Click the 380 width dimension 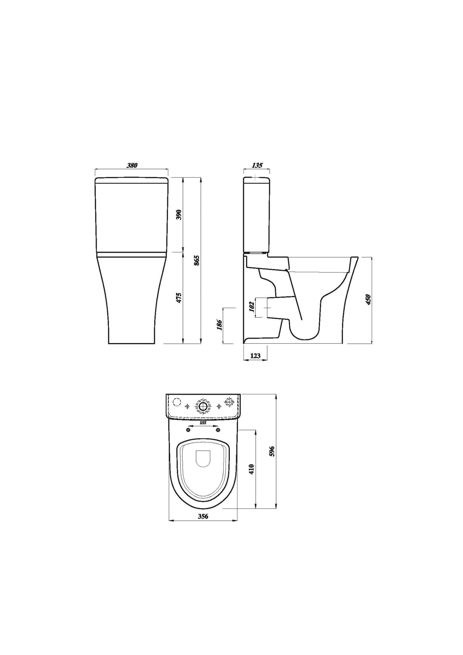point(132,165)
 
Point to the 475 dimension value point(179,298)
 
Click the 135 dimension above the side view point(257,165)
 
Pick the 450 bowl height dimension point(368,299)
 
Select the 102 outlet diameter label point(252,307)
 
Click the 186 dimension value point(219,325)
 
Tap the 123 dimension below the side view point(255,356)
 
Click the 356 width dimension point(203,525)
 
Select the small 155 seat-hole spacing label point(203,423)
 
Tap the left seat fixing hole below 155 point(188,430)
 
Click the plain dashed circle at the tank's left point(176,402)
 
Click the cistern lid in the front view point(132,180)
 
